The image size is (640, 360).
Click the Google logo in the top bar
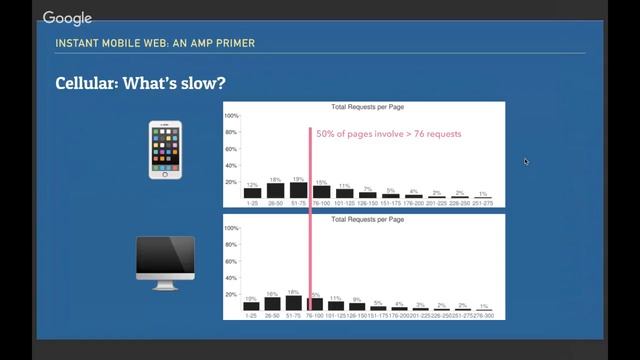[x=67, y=18]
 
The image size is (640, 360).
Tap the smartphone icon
[x=165, y=150]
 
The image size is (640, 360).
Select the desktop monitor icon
[x=165, y=263]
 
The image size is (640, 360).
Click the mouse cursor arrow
[x=526, y=161]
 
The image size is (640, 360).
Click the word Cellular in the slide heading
[x=85, y=82]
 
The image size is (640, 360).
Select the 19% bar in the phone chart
[x=298, y=190]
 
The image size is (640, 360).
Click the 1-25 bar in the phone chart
[x=252, y=193]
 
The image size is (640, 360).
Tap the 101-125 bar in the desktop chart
[x=335, y=305]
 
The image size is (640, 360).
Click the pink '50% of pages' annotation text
[x=389, y=133]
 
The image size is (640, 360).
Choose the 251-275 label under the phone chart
[x=483, y=203]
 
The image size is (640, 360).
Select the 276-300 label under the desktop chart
[x=484, y=316]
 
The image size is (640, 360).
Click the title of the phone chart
[x=365, y=106]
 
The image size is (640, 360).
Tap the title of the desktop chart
[x=365, y=218]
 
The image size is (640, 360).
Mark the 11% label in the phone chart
[x=344, y=186]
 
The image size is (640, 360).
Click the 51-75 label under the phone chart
[x=298, y=203]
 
